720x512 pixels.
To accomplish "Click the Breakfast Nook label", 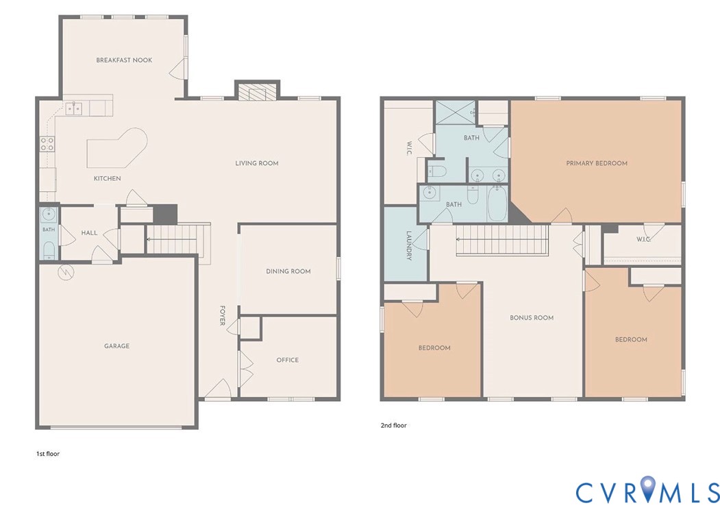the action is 124,60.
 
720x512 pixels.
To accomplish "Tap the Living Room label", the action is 257,163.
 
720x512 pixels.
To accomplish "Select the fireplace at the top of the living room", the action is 257,91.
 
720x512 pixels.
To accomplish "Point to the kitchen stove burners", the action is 47,144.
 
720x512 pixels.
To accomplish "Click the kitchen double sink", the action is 73,109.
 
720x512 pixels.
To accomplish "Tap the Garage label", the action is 116,346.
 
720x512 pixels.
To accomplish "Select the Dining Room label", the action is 288,271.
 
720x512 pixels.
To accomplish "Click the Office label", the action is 288,360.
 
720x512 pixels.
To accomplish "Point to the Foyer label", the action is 222,316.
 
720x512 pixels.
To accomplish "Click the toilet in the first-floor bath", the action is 49,250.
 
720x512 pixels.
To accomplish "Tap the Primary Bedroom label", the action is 597,163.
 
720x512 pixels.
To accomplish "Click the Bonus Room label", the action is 532,317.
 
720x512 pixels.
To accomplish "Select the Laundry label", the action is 409,245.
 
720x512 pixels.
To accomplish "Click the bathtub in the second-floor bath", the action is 496,204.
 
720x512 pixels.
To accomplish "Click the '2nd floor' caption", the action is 393,426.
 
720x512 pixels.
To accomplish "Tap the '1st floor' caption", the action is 48,454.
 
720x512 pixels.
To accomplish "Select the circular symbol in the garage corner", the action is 66,273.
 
